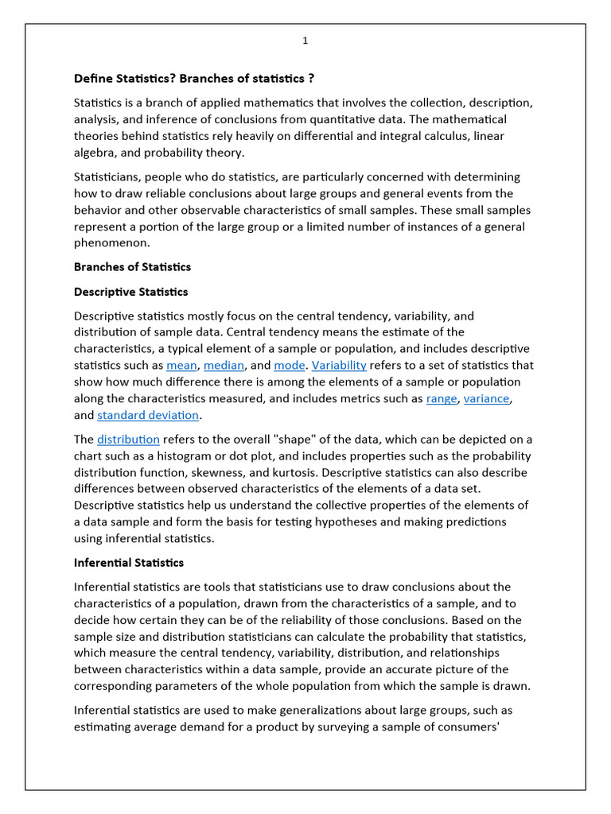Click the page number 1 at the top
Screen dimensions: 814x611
[305, 41]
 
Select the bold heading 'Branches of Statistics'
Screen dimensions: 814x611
[132, 266]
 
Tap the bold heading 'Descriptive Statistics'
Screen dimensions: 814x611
[130, 292]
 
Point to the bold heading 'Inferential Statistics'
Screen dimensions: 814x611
[128, 563]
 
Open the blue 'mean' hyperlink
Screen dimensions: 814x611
[181, 366]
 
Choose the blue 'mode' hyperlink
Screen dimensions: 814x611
[289, 366]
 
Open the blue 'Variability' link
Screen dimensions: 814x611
[339, 366]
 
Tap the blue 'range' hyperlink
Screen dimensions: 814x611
[442, 399]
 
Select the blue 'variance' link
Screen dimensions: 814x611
[487, 399]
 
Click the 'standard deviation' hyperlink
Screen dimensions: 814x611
[148, 416]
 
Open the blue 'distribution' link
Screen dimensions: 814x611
[128, 440]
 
